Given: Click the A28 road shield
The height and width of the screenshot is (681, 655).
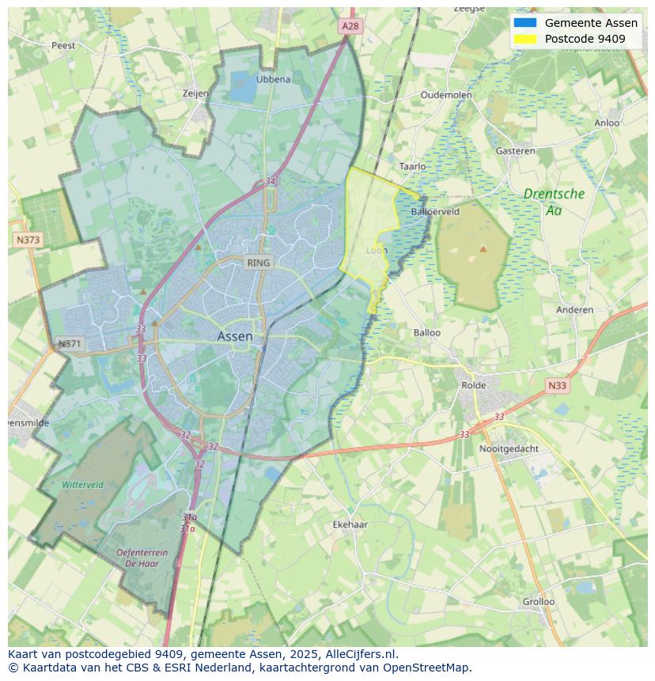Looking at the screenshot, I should pos(350,26).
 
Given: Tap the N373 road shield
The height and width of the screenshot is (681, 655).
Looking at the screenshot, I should pos(27,239).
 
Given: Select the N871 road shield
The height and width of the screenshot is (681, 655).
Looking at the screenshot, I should pos(70,344).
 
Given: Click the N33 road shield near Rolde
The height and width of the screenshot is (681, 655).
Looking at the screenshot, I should pos(557,385).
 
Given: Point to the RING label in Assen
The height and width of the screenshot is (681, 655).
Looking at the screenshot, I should pos(258,263).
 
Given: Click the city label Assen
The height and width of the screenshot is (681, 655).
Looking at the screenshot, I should pos(235,336).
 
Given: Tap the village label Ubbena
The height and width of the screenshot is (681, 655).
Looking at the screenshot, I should pos(273,79).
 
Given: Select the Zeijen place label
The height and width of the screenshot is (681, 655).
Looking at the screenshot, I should pos(195,93).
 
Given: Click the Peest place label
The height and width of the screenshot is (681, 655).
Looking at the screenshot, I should pos(63,45).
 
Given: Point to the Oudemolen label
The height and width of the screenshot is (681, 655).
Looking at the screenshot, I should pos(446,94).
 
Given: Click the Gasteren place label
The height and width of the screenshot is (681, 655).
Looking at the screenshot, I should pos(515,150).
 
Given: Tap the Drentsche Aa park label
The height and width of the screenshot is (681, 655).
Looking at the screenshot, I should pos(554,202).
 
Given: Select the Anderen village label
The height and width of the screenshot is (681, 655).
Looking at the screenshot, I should pos(574,309).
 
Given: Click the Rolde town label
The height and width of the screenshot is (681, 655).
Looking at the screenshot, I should pos(474,385).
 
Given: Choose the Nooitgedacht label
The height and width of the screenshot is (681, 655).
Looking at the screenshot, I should pos(509,448).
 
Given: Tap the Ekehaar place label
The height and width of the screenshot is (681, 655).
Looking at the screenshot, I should pos(350,524).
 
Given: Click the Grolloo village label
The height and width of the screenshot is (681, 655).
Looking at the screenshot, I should pos(538,601).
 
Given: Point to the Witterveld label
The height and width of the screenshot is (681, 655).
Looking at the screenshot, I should pos(82,484).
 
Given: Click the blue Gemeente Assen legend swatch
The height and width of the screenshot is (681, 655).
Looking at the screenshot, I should pos(524,23).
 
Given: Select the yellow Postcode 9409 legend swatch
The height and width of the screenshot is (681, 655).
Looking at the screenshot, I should pos(524,39).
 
